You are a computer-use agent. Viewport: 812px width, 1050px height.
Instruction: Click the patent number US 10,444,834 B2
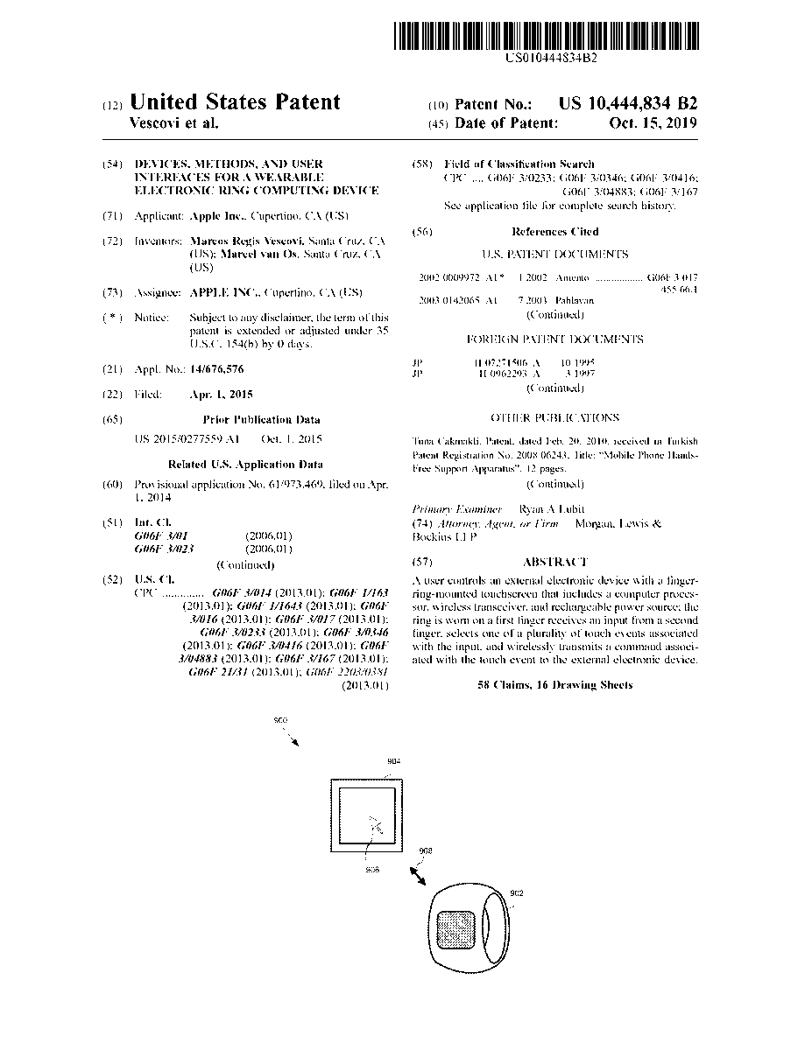(628, 103)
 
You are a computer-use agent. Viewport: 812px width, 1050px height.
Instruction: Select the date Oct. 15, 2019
(653, 123)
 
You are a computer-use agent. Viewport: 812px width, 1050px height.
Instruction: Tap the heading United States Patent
(235, 102)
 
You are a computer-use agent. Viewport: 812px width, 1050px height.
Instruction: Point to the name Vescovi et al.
(173, 123)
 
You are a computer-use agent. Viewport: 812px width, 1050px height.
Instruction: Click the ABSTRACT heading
(554, 562)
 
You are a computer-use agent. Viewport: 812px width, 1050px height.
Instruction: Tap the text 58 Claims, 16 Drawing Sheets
(554, 685)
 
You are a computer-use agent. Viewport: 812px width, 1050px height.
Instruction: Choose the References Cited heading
(554, 232)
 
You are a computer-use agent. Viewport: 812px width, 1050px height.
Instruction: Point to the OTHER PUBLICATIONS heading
(554, 418)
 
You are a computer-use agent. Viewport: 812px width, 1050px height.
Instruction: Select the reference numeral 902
(517, 892)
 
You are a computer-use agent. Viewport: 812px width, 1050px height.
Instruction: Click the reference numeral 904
(393, 761)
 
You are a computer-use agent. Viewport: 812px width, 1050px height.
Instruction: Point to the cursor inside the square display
(375, 825)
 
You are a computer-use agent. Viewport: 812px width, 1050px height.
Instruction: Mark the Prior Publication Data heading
(261, 420)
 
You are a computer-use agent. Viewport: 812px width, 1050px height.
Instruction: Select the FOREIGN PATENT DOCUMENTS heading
(554, 339)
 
